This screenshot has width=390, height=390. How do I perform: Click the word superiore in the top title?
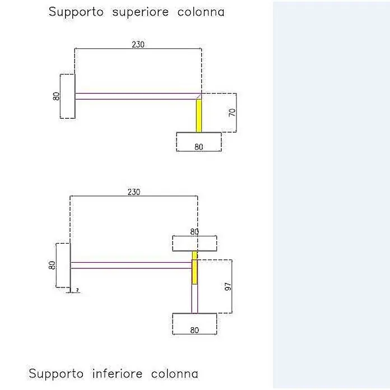click(141, 12)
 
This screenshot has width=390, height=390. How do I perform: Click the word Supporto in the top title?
click(76, 12)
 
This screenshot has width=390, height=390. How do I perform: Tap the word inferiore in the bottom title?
click(118, 374)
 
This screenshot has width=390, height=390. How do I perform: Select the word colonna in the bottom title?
click(175, 374)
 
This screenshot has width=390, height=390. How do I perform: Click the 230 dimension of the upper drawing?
click(138, 44)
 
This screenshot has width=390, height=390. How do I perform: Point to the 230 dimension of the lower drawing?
click(134, 192)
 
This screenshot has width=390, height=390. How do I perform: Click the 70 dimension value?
click(232, 113)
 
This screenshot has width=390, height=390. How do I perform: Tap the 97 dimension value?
click(228, 286)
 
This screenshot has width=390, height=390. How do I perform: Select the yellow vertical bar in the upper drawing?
click(199, 115)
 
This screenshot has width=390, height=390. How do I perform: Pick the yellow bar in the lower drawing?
click(194, 268)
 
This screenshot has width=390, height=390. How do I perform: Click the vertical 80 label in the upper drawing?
click(57, 96)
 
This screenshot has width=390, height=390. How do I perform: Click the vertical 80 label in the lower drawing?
click(52, 265)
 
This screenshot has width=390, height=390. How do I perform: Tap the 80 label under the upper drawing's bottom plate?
click(199, 147)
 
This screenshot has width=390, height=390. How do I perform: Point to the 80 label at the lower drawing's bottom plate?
click(194, 330)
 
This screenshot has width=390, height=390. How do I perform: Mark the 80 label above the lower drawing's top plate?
click(194, 232)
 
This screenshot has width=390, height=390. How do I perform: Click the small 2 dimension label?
click(77, 290)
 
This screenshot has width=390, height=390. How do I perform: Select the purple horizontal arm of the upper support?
click(138, 96)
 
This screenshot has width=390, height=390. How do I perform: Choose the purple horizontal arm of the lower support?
click(131, 266)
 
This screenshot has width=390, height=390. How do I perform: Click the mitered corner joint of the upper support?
click(199, 96)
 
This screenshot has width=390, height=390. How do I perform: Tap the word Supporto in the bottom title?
click(56, 374)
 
